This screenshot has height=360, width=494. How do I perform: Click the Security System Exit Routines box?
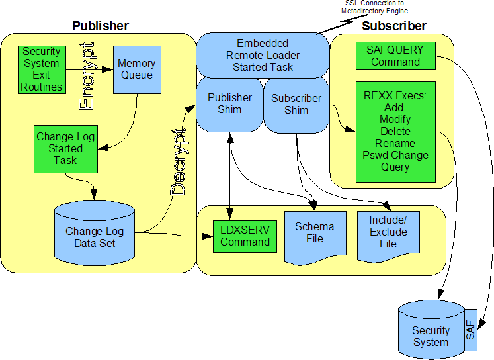(x=41, y=69)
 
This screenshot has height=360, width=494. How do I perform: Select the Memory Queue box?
(x=136, y=69)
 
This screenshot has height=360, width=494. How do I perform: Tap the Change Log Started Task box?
(x=65, y=148)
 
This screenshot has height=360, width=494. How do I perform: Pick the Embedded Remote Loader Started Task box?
(x=263, y=56)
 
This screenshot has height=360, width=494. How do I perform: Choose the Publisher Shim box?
(x=229, y=103)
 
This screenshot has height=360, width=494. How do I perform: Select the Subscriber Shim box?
(x=296, y=104)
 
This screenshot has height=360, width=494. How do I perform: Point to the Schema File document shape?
(x=314, y=233)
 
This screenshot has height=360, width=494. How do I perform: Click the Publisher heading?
(x=100, y=26)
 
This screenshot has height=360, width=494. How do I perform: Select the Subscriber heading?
(x=394, y=26)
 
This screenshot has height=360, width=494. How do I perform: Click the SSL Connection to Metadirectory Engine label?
(x=376, y=7)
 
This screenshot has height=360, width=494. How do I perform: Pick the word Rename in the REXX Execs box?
(x=395, y=144)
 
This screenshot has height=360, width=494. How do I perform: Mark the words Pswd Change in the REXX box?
(x=395, y=156)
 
